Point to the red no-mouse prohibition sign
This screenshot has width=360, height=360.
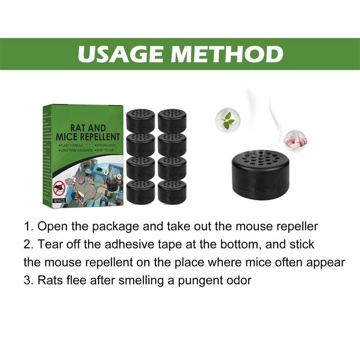tap(59, 186)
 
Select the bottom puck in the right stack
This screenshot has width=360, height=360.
tap(172, 192)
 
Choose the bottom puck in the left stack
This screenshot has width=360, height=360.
tap(141, 192)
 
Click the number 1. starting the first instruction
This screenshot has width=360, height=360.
tap(29, 226)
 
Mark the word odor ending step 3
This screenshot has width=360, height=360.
tap(238, 280)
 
